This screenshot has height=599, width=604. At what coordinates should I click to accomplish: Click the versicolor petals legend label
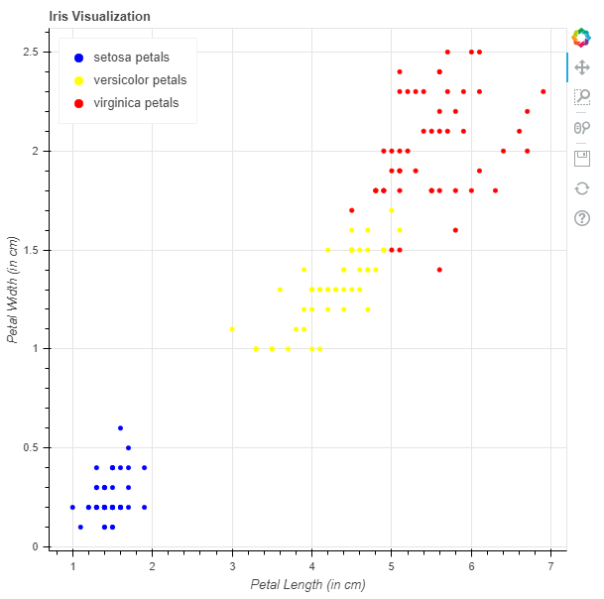(x=139, y=80)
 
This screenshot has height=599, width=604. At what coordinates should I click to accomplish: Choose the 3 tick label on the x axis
(x=232, y=565)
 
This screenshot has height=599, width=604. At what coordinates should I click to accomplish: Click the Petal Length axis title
(x=307, y=584)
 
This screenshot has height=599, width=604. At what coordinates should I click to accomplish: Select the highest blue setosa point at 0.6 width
(x=120, y=428)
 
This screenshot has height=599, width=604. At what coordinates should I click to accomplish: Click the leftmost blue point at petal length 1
(x=72, y=507)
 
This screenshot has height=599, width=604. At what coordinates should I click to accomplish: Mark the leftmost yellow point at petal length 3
(x=232, y=328)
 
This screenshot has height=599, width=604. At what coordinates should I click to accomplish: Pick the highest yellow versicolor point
(x=392, y=210)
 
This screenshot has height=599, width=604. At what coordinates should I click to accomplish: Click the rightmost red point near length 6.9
(x=543, y=91)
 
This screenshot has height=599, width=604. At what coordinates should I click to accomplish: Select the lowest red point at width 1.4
(x=439, y=270)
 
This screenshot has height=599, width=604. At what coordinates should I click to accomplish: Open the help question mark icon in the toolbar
(x=582, y=218)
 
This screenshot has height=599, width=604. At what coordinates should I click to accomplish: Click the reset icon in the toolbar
(x=582, y=188)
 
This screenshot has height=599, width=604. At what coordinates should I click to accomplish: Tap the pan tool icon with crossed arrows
(x=582, y=67)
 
